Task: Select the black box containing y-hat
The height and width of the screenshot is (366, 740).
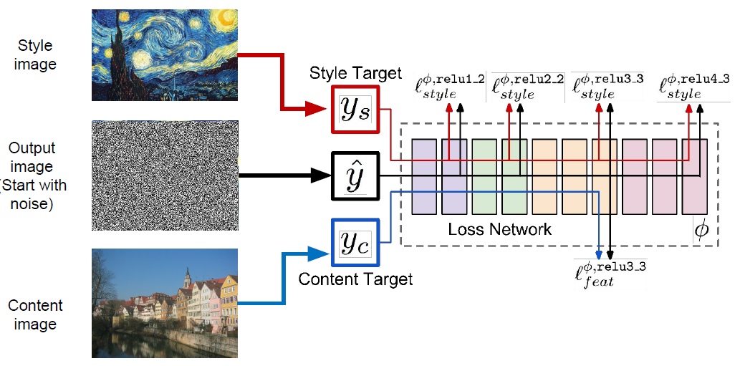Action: [355, 175]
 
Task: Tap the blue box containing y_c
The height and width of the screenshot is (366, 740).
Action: [355, 243]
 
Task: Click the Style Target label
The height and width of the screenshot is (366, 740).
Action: [355, 73]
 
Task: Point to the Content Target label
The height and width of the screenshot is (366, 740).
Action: [355, 279]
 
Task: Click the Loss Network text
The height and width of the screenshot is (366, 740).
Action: [500, 229]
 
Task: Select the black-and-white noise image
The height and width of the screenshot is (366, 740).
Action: [165, 175]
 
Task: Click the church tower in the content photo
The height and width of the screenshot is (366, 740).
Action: [187, 278]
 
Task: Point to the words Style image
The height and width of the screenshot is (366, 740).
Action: [36, 55]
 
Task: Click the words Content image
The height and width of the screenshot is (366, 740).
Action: [36, 314]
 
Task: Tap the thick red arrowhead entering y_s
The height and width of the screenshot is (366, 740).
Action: [319, 110]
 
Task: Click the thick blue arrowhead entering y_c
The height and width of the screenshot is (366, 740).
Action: [319, 251]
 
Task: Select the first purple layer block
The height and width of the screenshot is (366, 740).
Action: [425, 176]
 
